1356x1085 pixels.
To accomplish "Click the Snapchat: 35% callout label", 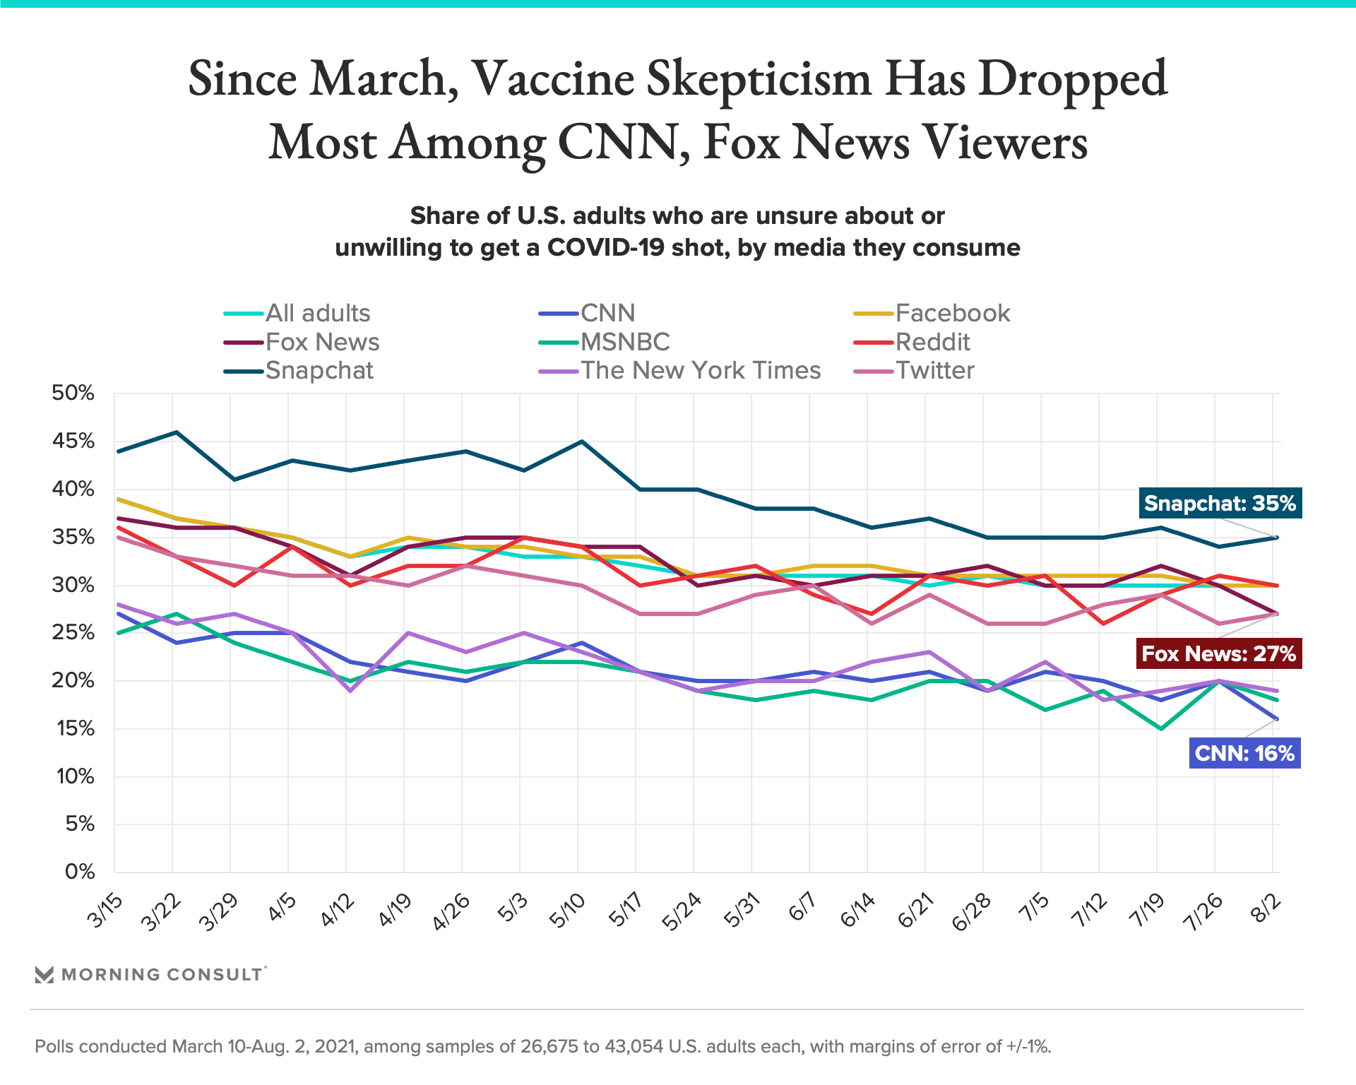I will (x=1220, y=504).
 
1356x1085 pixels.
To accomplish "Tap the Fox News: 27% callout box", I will (x=1218, y=653).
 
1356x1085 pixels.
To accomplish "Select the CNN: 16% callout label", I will (x=1244, y=753).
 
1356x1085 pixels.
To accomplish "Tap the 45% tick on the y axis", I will (x=73, y=441).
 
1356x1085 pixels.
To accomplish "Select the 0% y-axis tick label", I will (x=80, y=872).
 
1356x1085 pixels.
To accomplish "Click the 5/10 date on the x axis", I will (x=567, y=911).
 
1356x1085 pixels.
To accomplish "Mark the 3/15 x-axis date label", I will (x=105, y=911).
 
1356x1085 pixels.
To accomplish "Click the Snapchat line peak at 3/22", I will (x=176, y=432).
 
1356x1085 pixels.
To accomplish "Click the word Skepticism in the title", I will (x=759, y=79).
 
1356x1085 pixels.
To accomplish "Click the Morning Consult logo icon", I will (x=44, y=975).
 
